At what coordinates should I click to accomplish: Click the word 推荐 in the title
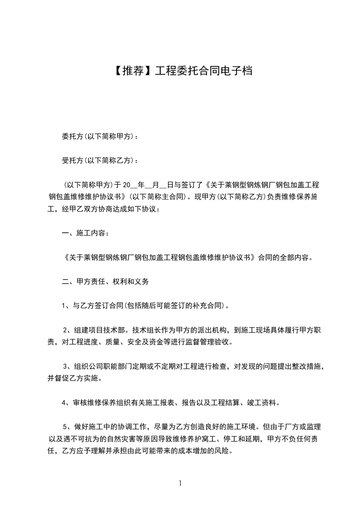[129, 71]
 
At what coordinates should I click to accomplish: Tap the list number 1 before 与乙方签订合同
[64, 306]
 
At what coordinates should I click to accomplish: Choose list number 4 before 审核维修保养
[64, 402]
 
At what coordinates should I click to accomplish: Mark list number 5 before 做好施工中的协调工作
[65, 426]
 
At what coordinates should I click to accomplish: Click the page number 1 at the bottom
[180, 483]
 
